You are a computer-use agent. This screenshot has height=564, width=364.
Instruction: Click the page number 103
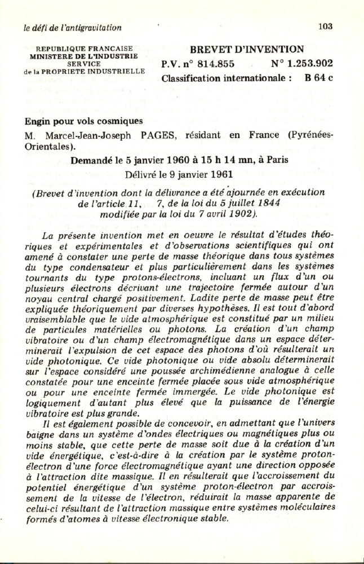click(326, 26)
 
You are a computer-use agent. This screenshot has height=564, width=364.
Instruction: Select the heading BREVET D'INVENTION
click(247, 50)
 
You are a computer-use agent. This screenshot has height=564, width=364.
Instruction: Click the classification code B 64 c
click(319, 78)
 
